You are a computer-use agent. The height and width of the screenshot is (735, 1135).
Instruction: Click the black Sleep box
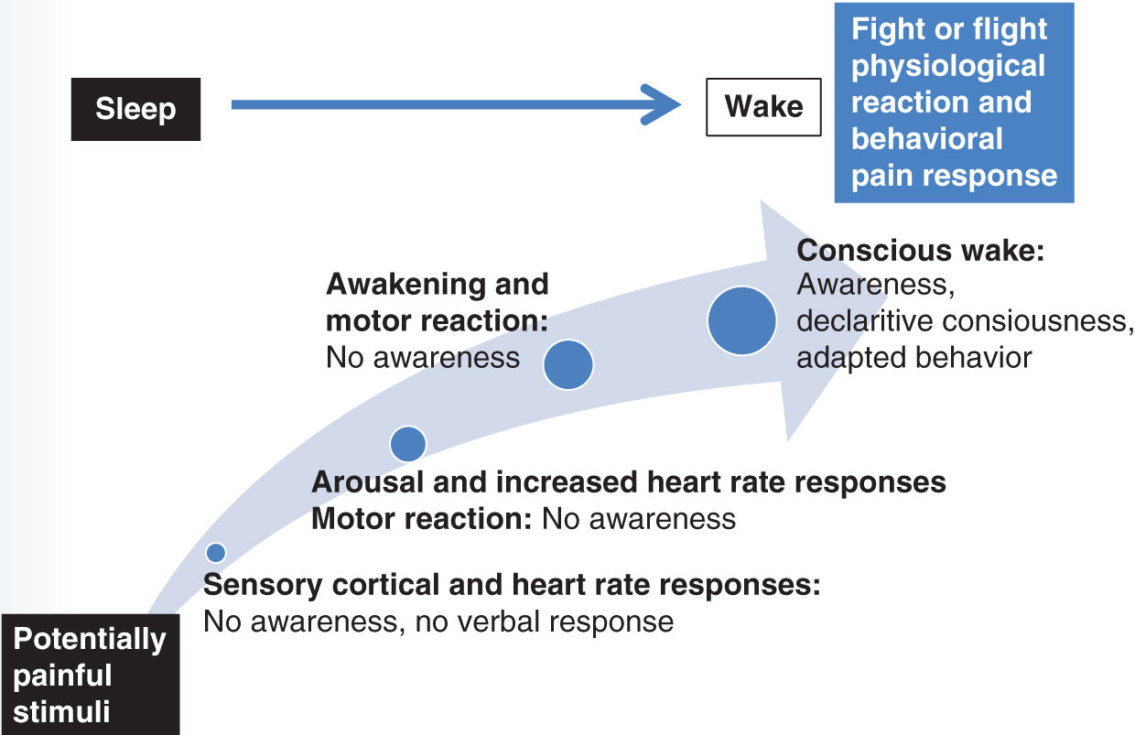pos(135,109)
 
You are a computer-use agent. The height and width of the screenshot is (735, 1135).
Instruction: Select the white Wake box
pos(763,106)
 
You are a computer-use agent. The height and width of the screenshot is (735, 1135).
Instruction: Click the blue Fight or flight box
pos(953,102)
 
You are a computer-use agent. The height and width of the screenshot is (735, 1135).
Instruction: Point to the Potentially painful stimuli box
pos(90,676)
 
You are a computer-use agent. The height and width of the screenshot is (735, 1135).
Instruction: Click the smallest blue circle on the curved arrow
pos(216,552)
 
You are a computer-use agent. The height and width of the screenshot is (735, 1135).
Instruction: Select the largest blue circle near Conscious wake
pos(741,320)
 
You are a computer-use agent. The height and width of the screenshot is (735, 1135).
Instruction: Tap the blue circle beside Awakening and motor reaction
pos(568,364)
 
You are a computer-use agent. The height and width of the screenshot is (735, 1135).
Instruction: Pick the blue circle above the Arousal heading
pos(408,444)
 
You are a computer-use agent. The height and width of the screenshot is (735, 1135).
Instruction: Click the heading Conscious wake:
pos(921,251)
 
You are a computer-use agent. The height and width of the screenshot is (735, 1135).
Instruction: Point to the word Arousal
pos(361,481)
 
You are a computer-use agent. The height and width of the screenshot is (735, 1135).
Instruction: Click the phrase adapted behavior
pos(913,357)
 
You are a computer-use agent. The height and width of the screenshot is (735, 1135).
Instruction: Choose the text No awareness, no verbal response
pos(438,622)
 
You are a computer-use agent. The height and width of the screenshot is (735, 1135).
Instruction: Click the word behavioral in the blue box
pos(926,138)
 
